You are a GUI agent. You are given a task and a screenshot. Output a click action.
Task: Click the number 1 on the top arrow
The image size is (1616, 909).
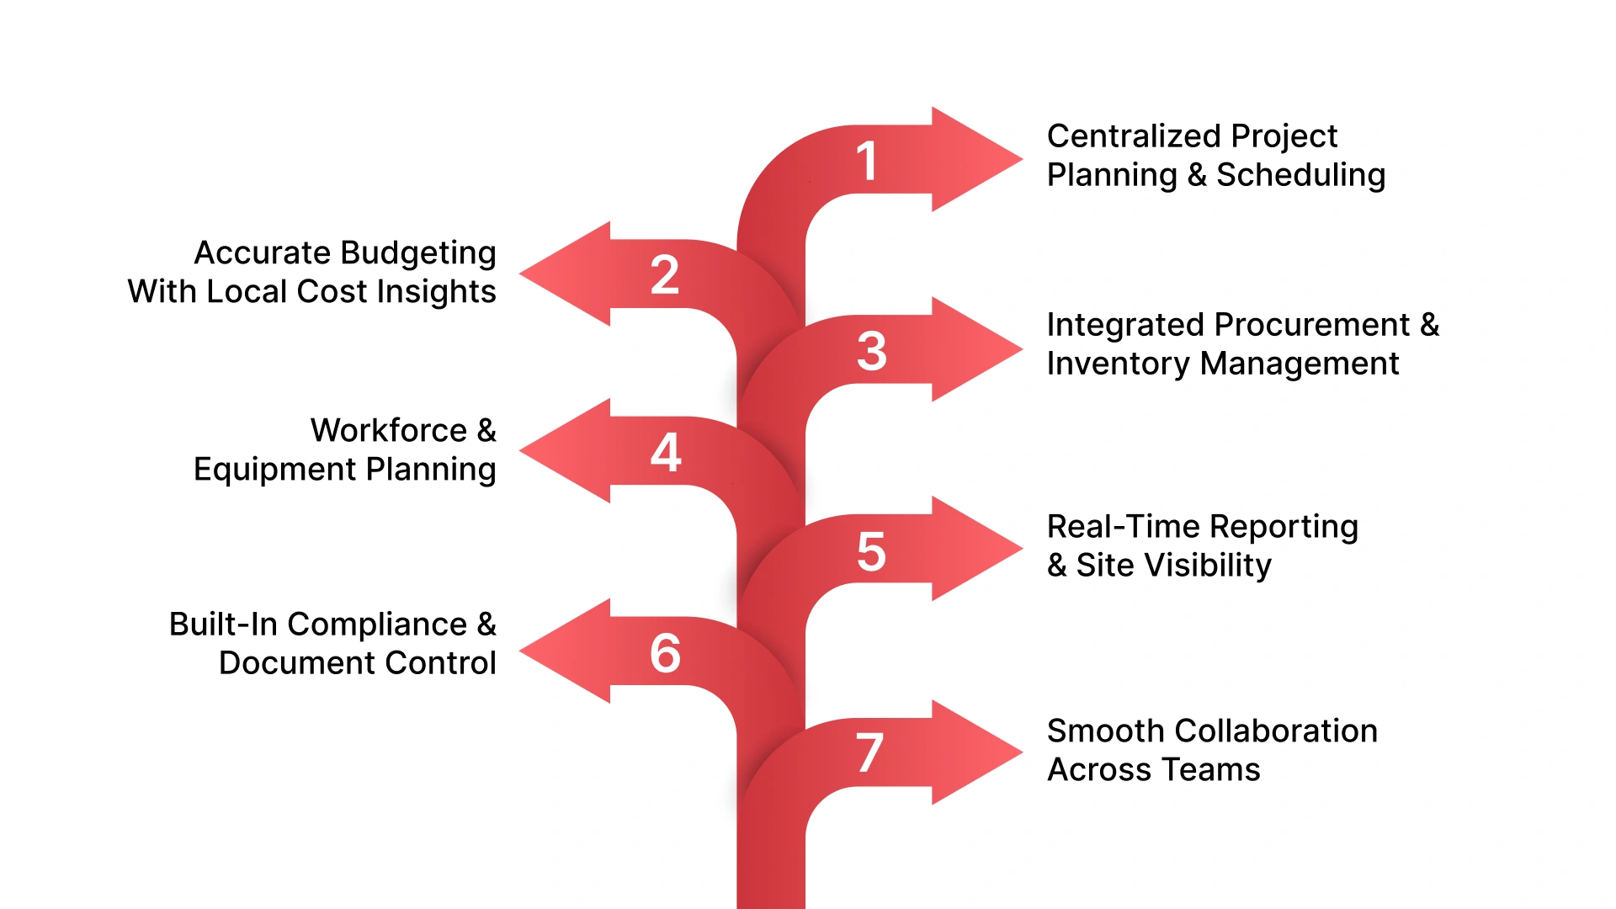[x=867, y=161]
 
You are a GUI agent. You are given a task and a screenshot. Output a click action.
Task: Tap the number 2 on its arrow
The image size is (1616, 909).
[x=665, y=275]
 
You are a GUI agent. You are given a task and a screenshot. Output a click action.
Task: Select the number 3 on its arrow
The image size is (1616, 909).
[x=872, y=351]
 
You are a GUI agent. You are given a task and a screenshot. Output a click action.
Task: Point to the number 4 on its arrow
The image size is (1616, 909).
[x=665, y=453]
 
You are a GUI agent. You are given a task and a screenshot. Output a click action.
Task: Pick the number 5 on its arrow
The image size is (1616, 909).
[x=871, y=552]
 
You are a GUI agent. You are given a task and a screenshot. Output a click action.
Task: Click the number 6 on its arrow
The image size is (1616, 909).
[x=665, y=653]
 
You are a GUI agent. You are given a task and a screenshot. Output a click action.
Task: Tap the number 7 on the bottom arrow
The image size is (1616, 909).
[x=870, y=752]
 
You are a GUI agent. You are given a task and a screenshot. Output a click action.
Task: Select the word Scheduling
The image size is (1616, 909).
[x=1300, y=176]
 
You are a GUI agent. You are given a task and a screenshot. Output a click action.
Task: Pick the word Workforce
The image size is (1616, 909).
[x=388, y=430]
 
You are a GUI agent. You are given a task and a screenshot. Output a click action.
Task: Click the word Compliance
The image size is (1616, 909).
[x=376, y=625]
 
